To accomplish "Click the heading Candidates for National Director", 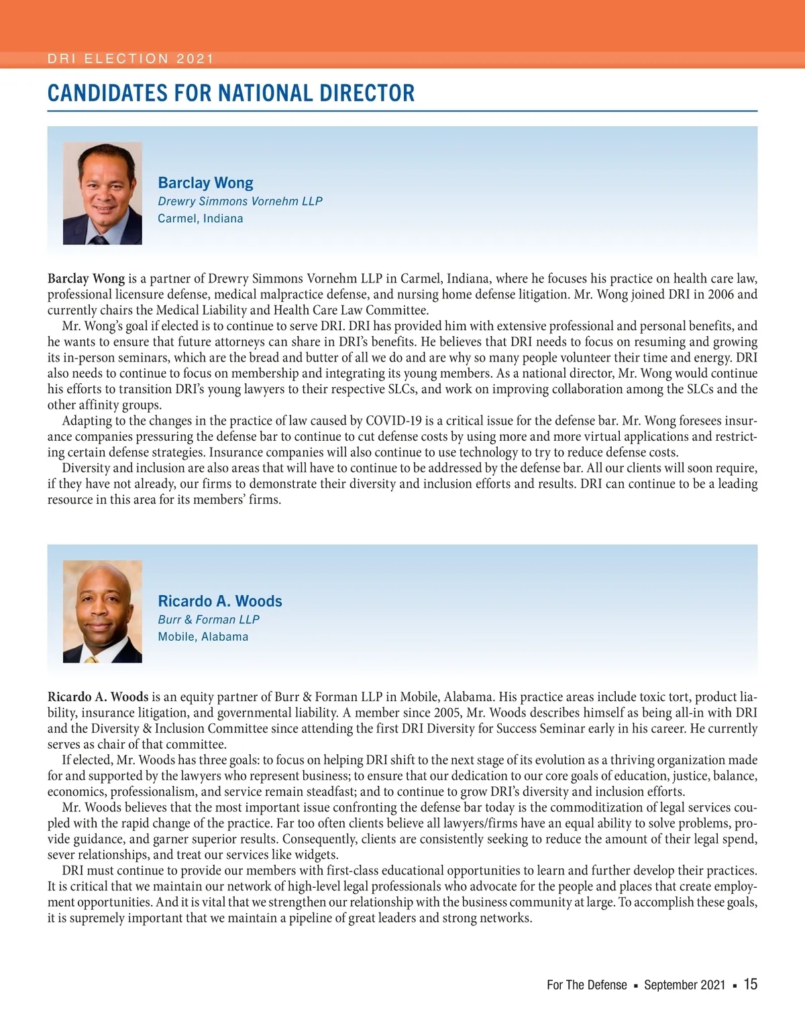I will tap(231, 93).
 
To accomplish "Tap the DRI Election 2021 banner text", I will tap(130, 59).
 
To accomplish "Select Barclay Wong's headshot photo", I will tap(103, 193).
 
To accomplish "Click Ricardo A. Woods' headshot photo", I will tap(103, 611).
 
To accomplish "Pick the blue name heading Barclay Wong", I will tap(205, 183).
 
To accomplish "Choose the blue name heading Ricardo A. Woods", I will tap(220, 601).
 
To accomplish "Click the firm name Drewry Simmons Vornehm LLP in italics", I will tap(240, 201).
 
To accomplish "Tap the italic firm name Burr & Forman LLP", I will tap(209, 619).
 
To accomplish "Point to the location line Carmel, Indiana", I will tap(201, 219).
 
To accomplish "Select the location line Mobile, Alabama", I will tap(203, 637).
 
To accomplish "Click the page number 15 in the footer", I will tap(751, 984).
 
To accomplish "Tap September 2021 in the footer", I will tap(684, 985).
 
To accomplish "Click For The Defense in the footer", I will tap(587, 985).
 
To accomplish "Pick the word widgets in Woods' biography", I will tap(317, 855).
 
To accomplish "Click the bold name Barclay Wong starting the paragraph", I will tap(86, 278).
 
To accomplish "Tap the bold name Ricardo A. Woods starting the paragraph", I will tap(98, 697).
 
